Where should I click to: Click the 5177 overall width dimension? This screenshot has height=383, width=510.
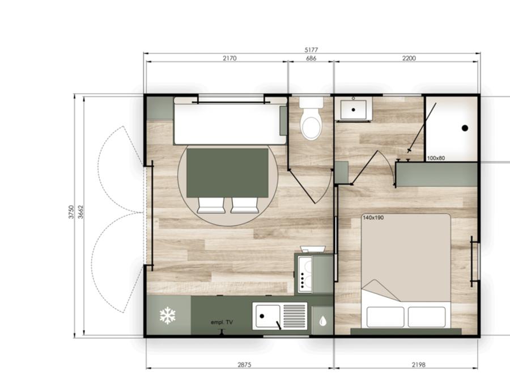tap(311, 50)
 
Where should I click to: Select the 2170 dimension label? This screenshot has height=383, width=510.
tap(229, 58)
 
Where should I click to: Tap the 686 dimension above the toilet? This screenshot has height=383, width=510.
tap(311, 58)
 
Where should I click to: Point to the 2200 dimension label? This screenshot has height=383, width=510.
tap(409, 58)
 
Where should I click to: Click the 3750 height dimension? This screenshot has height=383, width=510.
tap(71, 212)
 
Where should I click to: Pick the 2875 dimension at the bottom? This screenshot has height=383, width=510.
tap(244, 365)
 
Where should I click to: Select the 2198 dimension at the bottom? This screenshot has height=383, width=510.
tap(418, 365)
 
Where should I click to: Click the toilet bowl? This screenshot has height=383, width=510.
tap(311, 128)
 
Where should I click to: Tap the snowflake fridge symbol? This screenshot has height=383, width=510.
tap(168, 315)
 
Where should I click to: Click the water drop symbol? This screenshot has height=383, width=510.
tap(322, 321)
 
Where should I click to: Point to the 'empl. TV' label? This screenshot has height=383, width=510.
tap(222, 322)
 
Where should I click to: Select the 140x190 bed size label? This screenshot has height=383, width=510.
tap(373, 217)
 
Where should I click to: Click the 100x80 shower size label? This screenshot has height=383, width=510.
tap(436, 158)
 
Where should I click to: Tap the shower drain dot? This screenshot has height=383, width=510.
tap(465, 128)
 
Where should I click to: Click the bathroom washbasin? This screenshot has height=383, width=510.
tap(353, 110)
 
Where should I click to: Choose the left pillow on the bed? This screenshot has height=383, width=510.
tap(385, 317)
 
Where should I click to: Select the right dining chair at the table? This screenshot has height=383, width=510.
tap(245, 205)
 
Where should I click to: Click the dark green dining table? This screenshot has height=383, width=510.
tap(227, 173)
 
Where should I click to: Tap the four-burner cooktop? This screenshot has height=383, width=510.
tap(304, 273)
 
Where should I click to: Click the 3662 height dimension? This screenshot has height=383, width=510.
tap(81, 212)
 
